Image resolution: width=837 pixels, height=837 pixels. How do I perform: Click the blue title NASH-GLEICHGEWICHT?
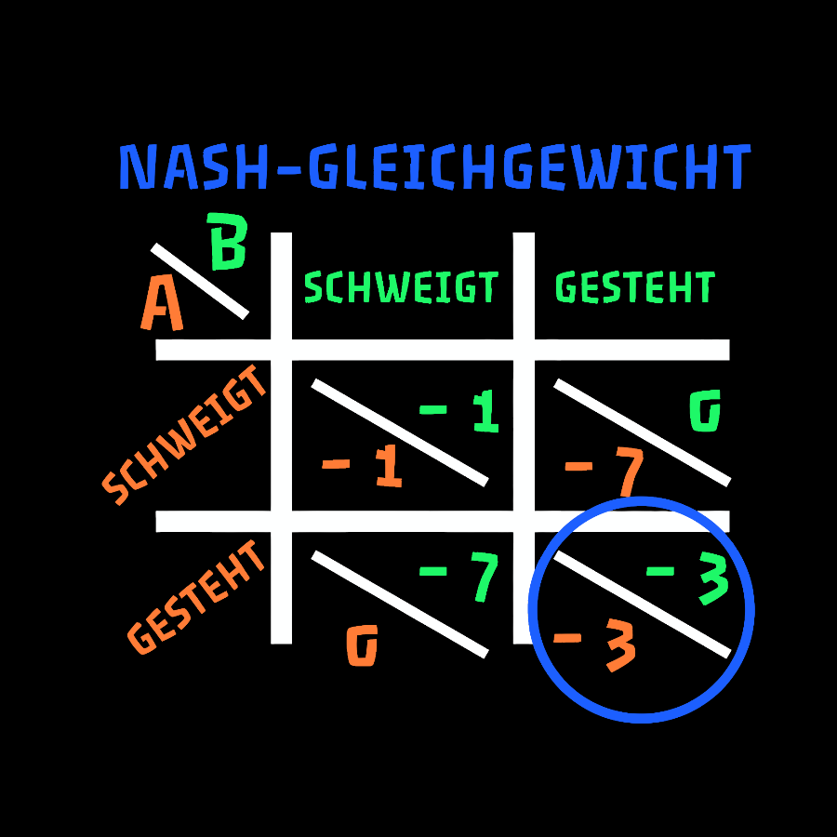point(435,166)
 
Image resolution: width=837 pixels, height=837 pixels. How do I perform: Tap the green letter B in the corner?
point(227,241)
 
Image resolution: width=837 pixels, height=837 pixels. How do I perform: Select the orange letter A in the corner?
point(162,302)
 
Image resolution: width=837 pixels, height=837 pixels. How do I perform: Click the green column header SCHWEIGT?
point(401,287)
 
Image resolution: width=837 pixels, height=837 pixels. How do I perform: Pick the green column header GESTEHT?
point(635,287)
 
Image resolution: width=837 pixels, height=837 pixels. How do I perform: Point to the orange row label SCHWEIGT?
point(184,435)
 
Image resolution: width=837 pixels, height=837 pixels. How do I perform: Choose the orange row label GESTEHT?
point(196,597)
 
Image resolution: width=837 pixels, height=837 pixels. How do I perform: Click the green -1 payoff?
point(459,411)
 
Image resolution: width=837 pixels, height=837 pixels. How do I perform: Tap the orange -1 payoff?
point(362,466)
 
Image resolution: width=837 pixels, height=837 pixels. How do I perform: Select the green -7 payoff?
point(459,577)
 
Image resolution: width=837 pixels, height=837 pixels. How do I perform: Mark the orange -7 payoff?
point(604,472)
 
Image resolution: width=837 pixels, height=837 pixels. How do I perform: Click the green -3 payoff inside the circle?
point(687,578)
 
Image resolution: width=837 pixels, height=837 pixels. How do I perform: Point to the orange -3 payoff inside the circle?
point(595,644)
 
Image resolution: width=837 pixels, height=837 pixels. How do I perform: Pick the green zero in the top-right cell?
point(705,410)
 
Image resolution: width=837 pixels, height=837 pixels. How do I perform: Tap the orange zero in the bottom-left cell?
point(363,645)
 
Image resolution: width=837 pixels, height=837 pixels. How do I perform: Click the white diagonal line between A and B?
point(200,281)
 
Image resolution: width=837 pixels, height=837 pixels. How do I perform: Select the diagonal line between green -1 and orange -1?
point(400,432)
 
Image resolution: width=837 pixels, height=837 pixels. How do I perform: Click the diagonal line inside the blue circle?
point(642,604)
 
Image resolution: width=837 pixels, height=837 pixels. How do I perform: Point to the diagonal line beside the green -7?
point(400,604)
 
